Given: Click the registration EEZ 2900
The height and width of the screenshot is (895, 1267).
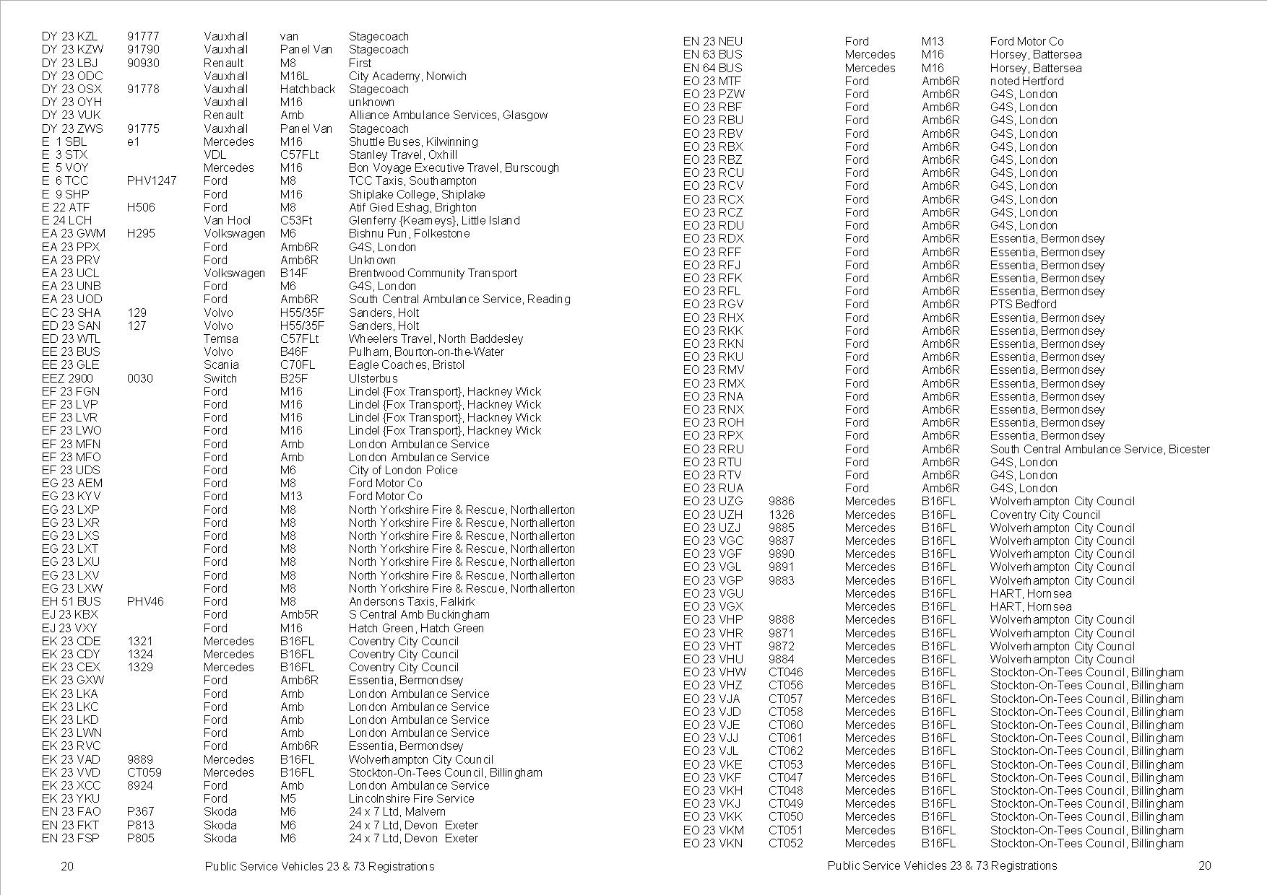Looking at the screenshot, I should (x=67, y=378).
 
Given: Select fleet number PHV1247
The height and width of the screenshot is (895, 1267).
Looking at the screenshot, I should (x=152, y=181).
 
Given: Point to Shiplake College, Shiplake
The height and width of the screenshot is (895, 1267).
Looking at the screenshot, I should (x=417, y=194).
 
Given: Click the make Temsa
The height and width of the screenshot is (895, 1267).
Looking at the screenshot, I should (x=220, y=339).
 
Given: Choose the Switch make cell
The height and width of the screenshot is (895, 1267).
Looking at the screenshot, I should (x=220, y=378).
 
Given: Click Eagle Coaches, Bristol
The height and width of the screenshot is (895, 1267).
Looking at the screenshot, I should (x=407, y=365).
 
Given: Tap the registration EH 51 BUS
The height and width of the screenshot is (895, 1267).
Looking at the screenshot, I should (x=72, y=601).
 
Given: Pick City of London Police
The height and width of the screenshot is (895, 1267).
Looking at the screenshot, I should (x=403, y=470).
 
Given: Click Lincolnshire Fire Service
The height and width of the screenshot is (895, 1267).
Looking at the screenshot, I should (x=411, y=798).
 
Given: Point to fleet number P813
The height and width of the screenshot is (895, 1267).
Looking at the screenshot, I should (x=141, y=825).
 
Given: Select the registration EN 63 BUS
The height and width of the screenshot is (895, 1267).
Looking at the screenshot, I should (x=713, y=54).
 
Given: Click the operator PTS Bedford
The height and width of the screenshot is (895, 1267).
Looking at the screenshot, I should (x=1023, y=304).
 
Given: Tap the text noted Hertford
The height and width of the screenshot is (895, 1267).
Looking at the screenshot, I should (x=1026, y=81).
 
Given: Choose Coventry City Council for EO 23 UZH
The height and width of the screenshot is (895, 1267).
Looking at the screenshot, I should (x=1045, y=515).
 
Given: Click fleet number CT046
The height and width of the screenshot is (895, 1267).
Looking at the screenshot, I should (x=785, y=672).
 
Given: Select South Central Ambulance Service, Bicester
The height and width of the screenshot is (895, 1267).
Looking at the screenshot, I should (x=1099, y=449).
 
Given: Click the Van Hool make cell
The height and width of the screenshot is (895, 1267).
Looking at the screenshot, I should (x=227, y=220).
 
